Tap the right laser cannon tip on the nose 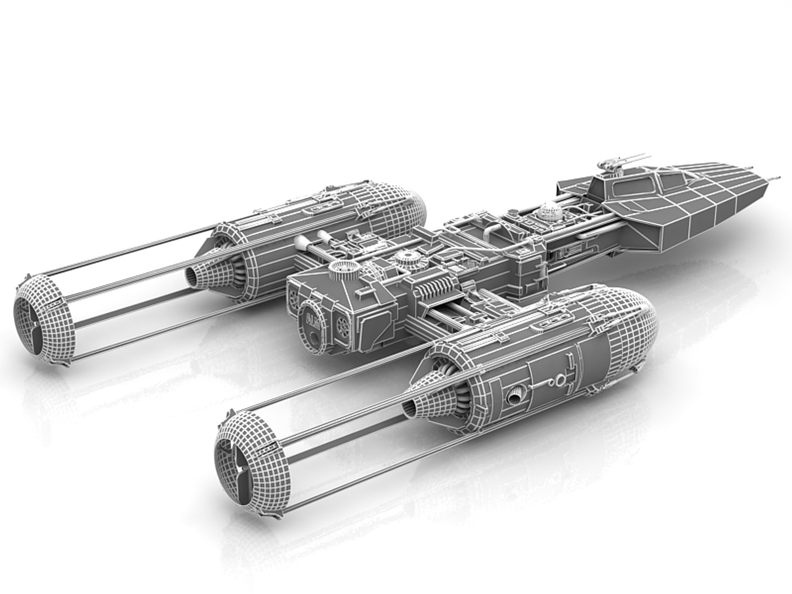pyautogui.click(x=777, y=177)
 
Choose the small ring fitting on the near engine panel pyautogui.click(x=560, y=379)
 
